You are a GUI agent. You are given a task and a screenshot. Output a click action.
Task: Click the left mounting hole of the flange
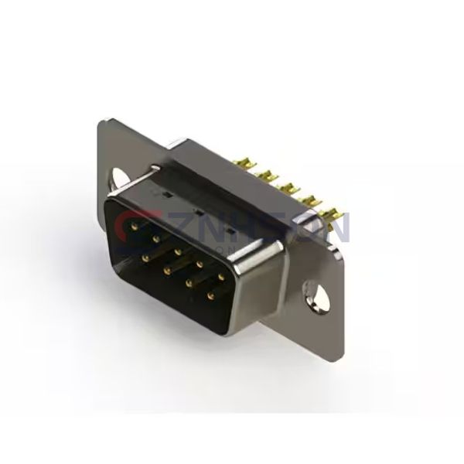(x=120, y=179)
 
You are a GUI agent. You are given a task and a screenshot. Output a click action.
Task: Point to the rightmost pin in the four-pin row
(x=210, y=296)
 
